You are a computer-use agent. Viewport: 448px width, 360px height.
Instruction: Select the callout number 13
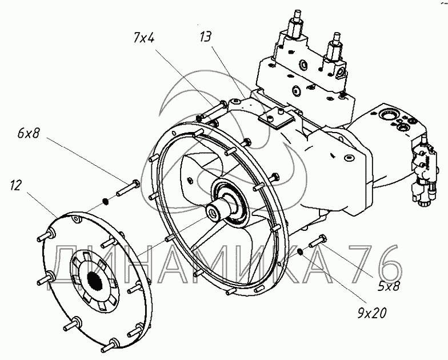pyautogui.click(x=206, y=38)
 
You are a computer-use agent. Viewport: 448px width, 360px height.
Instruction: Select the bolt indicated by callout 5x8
pyautogui.click(x=318, y=242)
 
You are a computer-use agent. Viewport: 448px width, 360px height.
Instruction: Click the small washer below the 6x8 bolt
pyautogui.click(x=105, y=200)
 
